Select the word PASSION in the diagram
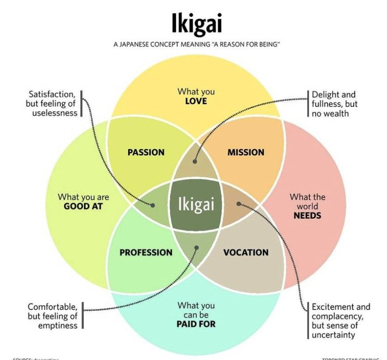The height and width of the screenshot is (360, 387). pos(146,152)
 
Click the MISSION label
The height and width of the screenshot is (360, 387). pos(246,152)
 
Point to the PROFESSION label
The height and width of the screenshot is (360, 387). pos(146,252)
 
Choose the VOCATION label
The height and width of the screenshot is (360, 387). pos(246,252)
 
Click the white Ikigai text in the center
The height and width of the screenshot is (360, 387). pos(196,204)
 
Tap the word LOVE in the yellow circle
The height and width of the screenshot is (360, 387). pos(196,101)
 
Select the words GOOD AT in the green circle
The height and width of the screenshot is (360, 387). pos(83,206)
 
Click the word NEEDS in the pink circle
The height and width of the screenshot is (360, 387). pos(307,215)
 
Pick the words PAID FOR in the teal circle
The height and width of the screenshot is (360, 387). pos(196,324)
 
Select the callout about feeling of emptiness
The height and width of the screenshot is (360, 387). pos(52,315)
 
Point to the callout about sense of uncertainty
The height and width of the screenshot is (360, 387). pos(340,321)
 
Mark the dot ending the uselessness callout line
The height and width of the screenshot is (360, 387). pos(153,205)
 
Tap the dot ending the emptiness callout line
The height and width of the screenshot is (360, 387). pos(197,248)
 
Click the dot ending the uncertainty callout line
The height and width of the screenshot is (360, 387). pos(239,204)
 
